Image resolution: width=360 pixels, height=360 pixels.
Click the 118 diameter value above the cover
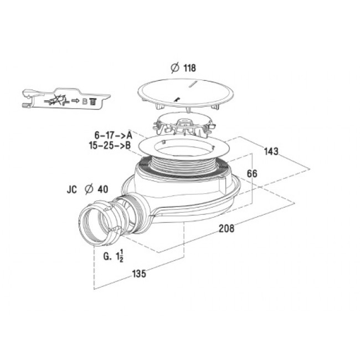pyautogui.click(x=189, y=68)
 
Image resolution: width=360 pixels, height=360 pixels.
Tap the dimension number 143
pyautogui.click(x=271, y=152)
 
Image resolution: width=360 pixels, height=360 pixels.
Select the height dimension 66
pyautogui.click(x=252, y=173)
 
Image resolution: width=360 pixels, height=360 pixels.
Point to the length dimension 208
pyautogui.click(x=227, y=228)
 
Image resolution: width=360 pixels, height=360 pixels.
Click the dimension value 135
pyautogui.click(x=139, y=274)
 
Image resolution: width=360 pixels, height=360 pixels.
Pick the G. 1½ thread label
pyautogui.click(x=114, y=256)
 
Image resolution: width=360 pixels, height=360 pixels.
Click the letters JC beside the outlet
pyautogui.click(x=71, y=189)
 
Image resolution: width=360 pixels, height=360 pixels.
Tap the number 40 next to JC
pyautogui.click(x=103, y=189)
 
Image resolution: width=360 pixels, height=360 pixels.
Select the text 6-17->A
pyautogui.click(x=114, y=135)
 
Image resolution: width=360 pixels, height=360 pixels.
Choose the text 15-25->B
pyautogui.click(x=110, y=145)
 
